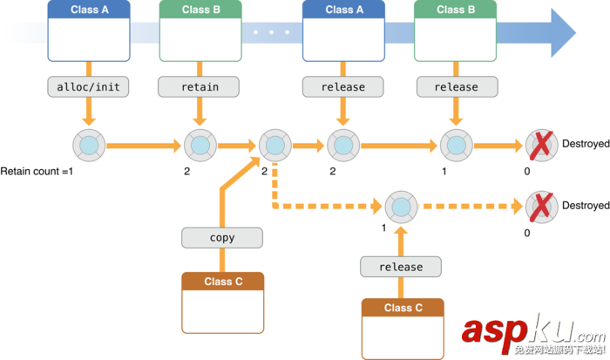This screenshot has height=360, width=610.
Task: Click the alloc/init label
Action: pyautogui.click(x=87, y=87)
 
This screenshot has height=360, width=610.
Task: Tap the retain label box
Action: pyautogui.click(x=200, y=87)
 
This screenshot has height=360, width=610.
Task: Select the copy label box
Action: pyautogui.click(x=222, y=237)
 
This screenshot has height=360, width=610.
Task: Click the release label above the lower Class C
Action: pyautogui.click(x=402, y=267)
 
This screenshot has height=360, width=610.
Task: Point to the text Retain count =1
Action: pyautogui.click(x=38, y=172)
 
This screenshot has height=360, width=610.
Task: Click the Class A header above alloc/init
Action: pyautogui.click(x=89, y=10)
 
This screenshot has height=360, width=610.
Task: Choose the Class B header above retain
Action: pyautogui.click(x=200, y=10)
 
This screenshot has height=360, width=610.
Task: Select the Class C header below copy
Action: pyautogui.click(x=222, y=282)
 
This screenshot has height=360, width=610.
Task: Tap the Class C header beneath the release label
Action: pyautogui.click(x=403, y=308)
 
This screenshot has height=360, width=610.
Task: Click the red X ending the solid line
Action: pyautogui.click(x=541, y=144)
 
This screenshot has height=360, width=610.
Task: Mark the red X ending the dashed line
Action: pyautogui.click(x=541, y=207)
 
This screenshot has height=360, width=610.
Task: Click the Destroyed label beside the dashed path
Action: pyautogui.click(x=585, y=206)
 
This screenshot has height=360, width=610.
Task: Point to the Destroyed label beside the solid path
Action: pyautogui.click(x=585, y=143)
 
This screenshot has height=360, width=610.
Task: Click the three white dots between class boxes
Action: pyautogui.click(x=272, y=32)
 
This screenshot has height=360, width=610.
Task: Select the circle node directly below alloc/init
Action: pyautogui.click(x=89, y=144)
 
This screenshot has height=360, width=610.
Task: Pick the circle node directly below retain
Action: pyautogui.click(x=200, y=144)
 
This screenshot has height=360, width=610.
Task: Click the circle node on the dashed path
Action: pyautogui.click(x=400, y=207)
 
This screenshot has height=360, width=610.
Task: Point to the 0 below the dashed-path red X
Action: pyautogui.click(x=526, y=234)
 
